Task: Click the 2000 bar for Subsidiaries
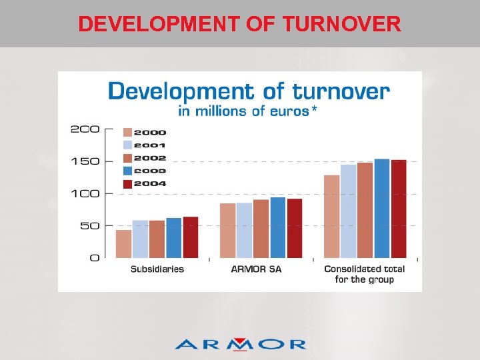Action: (123, 244)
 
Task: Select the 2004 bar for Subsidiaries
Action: (191, 237)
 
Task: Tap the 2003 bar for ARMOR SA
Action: (278, 227)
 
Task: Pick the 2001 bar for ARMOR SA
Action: (244, 230)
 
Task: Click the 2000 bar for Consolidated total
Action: (331, 216)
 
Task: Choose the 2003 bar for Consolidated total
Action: (382, 208)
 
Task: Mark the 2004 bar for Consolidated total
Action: (399, 209)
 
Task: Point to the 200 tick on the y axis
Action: (85, 129)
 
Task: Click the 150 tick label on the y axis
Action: (85, 161)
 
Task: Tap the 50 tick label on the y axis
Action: (89, 225)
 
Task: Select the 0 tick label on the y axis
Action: (95, 257)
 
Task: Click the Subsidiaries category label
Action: (157, 269)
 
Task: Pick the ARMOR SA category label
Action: (256, 269)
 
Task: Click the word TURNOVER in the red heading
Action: (341, 24)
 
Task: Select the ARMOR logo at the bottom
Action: (240, 343)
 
